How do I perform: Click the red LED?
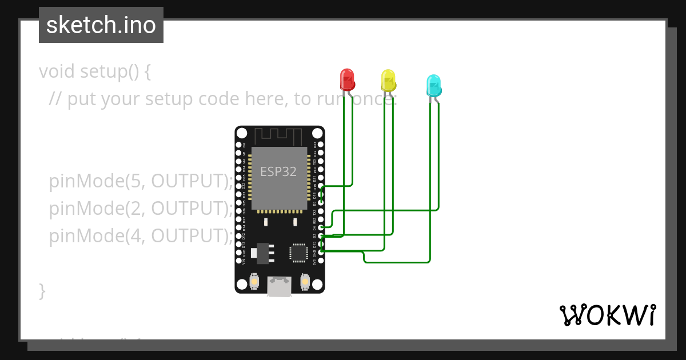tap(347, 79)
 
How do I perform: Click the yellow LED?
tap(388, 81)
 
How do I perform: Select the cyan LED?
tap(434, 85)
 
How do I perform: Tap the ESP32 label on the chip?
tap(278, 171)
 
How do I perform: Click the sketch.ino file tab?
tap(101, 25)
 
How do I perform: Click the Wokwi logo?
tap(607, 315)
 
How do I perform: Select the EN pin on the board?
tap(239, 145)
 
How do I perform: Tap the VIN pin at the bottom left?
tap(239, 261)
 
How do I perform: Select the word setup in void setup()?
tap(101, 72)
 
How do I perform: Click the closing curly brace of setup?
tap(42, 290)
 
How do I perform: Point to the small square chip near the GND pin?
tap(298, 253)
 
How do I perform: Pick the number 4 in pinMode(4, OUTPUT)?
tap(135, 235)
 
